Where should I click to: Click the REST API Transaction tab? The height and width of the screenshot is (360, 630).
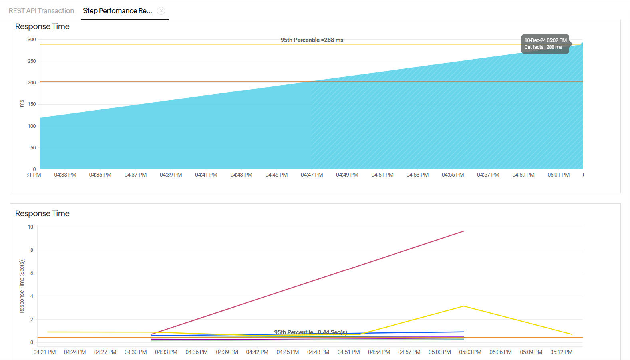[42, 11]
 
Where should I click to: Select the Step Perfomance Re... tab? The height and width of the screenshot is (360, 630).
[117, 11]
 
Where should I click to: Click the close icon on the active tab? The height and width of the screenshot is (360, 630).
[161, 11]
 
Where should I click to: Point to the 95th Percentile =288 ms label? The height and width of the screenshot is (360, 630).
[312, 40]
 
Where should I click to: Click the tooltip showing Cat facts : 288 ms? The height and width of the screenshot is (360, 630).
[545, 44]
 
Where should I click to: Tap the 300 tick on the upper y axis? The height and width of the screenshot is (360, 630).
[32, 40]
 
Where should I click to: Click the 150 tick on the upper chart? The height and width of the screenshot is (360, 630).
[32, 104]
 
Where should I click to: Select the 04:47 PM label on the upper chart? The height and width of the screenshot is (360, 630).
[312, 175]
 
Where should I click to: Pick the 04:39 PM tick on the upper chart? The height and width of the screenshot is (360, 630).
[171, 175]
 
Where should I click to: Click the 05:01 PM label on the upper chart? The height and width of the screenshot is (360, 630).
[558, 175]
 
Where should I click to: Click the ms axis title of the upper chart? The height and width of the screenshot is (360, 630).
[22, 103]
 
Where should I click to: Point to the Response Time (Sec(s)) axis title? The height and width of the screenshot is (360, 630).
[22, 286]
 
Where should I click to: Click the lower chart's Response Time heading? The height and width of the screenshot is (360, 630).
[42, 213]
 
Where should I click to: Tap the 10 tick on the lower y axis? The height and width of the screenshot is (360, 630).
[30, 227]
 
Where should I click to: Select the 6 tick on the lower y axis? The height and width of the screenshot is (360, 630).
[32, 273]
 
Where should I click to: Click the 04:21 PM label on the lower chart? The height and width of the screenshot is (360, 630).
[44, 352]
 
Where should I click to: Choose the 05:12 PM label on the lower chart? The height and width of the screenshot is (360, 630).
[561, 352]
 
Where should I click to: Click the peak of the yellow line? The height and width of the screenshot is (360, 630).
[463, 306]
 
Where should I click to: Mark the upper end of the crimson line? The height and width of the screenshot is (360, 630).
[463, 231]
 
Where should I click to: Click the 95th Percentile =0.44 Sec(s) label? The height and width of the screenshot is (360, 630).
[310, 332]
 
